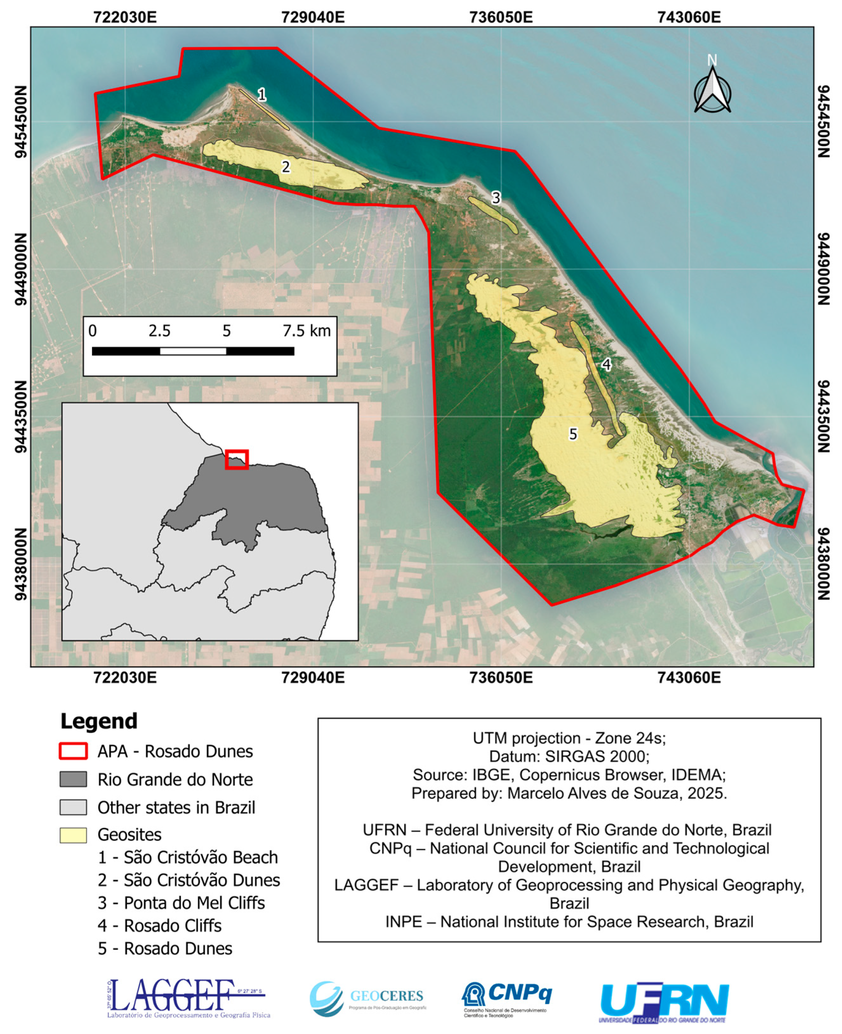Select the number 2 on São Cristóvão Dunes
[286, 167]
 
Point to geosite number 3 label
[495, 197]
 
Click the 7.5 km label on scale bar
[306, 331]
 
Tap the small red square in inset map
[237, 459]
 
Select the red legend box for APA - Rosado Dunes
[73, 751]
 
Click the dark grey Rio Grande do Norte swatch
[73, 779]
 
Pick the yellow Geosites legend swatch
[73, 835]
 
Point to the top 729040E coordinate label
[313, 17]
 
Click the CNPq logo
[506, 998]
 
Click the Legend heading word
[99, 721]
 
